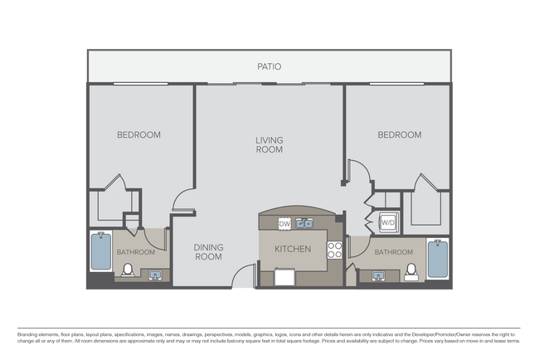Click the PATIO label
pos(269,66)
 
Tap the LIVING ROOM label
pos(269,145)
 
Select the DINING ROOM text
pos(208,251)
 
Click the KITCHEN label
pos(293,249)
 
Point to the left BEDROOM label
pos(138,134)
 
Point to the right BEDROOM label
pos(399,134)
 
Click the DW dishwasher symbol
pos(284,223)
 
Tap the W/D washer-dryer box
pos(388,222)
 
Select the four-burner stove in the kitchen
pos(335,249)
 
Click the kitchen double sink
pos(304,223)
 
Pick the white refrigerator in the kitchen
pos(284,277)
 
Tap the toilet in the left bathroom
pos(129,270)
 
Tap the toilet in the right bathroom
pos(410,272)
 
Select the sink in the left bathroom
pos(154,275)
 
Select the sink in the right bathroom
pos(378,276)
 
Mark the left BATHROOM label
pos(135,252)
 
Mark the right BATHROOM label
pos(393,252)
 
